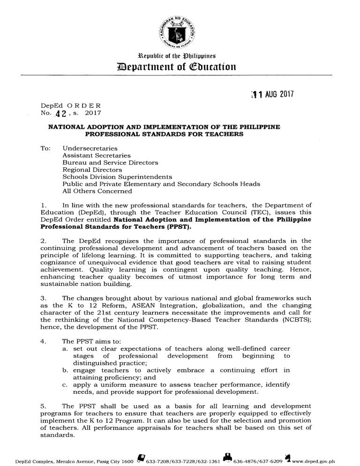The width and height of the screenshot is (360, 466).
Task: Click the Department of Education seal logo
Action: pyautogui.click(x=180, y=29)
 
